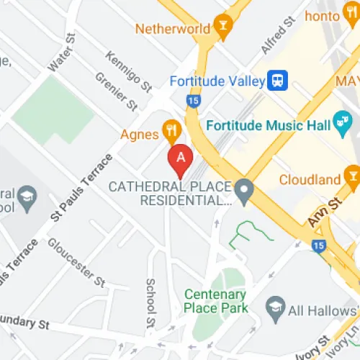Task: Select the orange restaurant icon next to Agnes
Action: pos(171,130)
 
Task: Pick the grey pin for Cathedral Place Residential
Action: pos(246,192)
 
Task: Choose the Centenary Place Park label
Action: pos(216,301)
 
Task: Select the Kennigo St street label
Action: pos(128,71)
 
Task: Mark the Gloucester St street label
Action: pos(77,260)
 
